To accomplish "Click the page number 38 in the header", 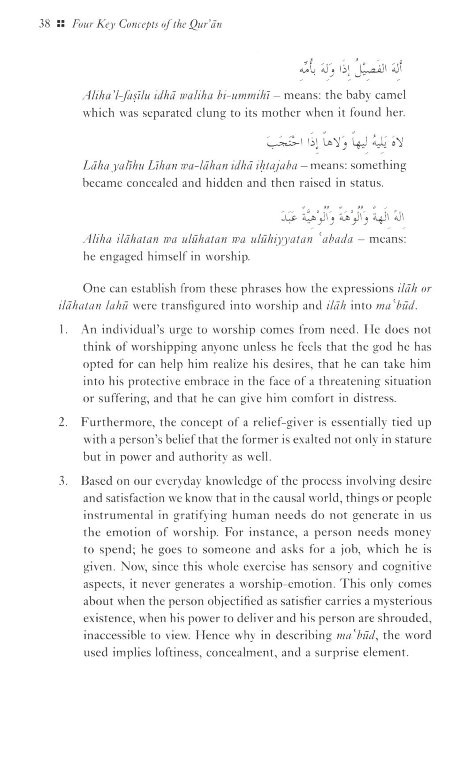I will pyautogui.click(x=45, y=24).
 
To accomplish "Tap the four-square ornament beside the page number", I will pyautogui.click(x=61, y=24).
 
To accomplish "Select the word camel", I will pyautogui.click(x=389, y=95).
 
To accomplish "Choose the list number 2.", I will pyautogui.click(x=63, y=422).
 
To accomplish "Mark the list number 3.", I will pyautogui.click(x=63, y=481).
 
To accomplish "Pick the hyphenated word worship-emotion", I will pyautogui.click(x=289, y=584).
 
